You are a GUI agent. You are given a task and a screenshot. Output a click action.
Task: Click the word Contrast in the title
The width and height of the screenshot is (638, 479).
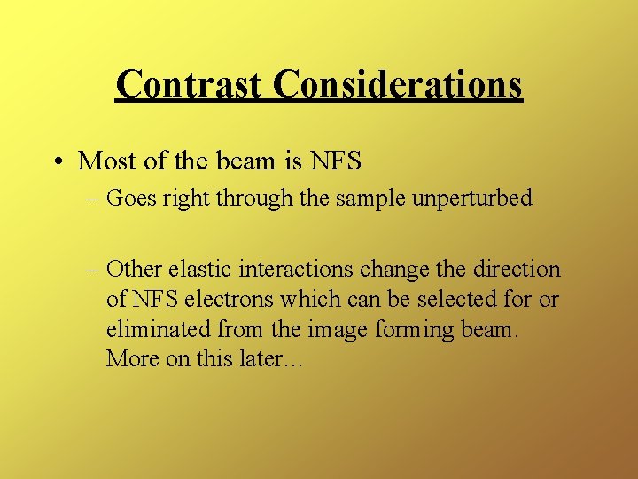click(190, 84)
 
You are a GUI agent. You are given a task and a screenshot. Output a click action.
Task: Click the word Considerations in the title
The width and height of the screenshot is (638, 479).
click(398, 84)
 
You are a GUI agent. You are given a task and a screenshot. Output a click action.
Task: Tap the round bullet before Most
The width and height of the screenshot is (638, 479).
click(58, 161)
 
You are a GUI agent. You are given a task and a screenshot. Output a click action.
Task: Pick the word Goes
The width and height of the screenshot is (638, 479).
click(129, 198)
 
